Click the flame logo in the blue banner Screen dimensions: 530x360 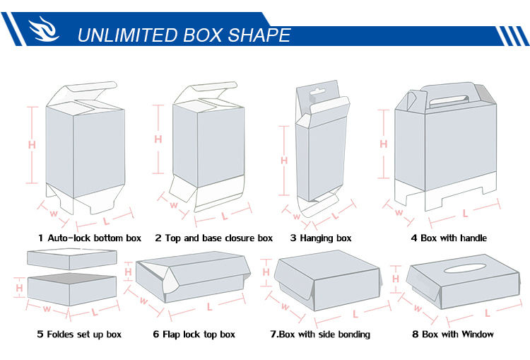coord(44,29)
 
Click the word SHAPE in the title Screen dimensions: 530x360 coord(259,35)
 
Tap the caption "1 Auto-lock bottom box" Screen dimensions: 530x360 coord(90,238)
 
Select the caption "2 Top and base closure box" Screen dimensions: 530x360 coord(213,238)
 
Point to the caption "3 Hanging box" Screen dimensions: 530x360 coord(321,238)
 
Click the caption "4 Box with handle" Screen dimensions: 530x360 coord(449,238)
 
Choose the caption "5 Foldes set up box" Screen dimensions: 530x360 coord(79,335)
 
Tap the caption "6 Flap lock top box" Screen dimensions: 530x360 coord(194,335)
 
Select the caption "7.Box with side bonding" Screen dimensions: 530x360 coord(320,335)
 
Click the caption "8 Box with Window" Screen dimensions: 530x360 coord(453,335)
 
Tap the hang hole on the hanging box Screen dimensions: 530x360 coord(317,92)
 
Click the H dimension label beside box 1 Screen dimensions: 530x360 coord(32,145)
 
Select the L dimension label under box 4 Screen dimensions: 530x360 coord(465,213)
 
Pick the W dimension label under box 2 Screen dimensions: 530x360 coord(174,204)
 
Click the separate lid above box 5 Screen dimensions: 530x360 coord(72,259)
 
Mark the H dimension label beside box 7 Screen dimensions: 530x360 coord(266,272)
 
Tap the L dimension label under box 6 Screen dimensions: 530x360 coord(210,307)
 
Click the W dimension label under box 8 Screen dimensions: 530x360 coord(418,308)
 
